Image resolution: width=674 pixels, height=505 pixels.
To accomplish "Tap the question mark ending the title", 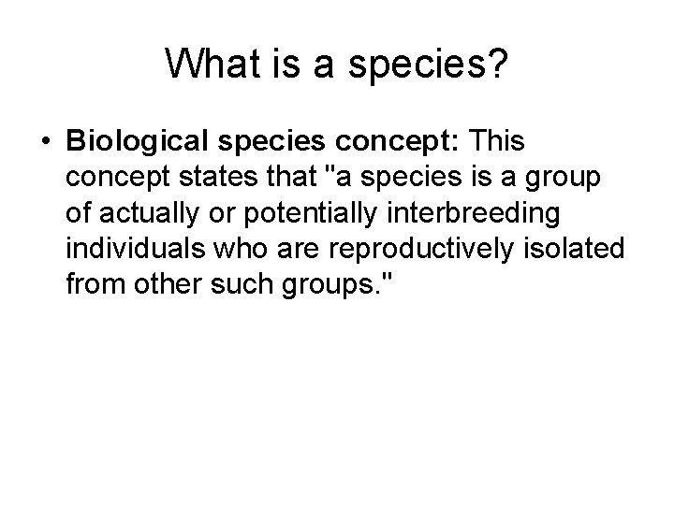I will click(x=500, y=64).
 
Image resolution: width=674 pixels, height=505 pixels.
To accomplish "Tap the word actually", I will click(x=139, y=211).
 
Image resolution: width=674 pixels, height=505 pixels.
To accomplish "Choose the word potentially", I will click(x=284, y=211).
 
